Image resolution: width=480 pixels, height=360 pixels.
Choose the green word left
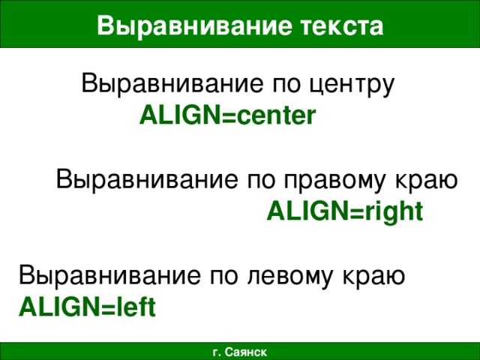pos(135,307)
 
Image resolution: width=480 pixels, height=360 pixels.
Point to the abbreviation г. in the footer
pos(217,351)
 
